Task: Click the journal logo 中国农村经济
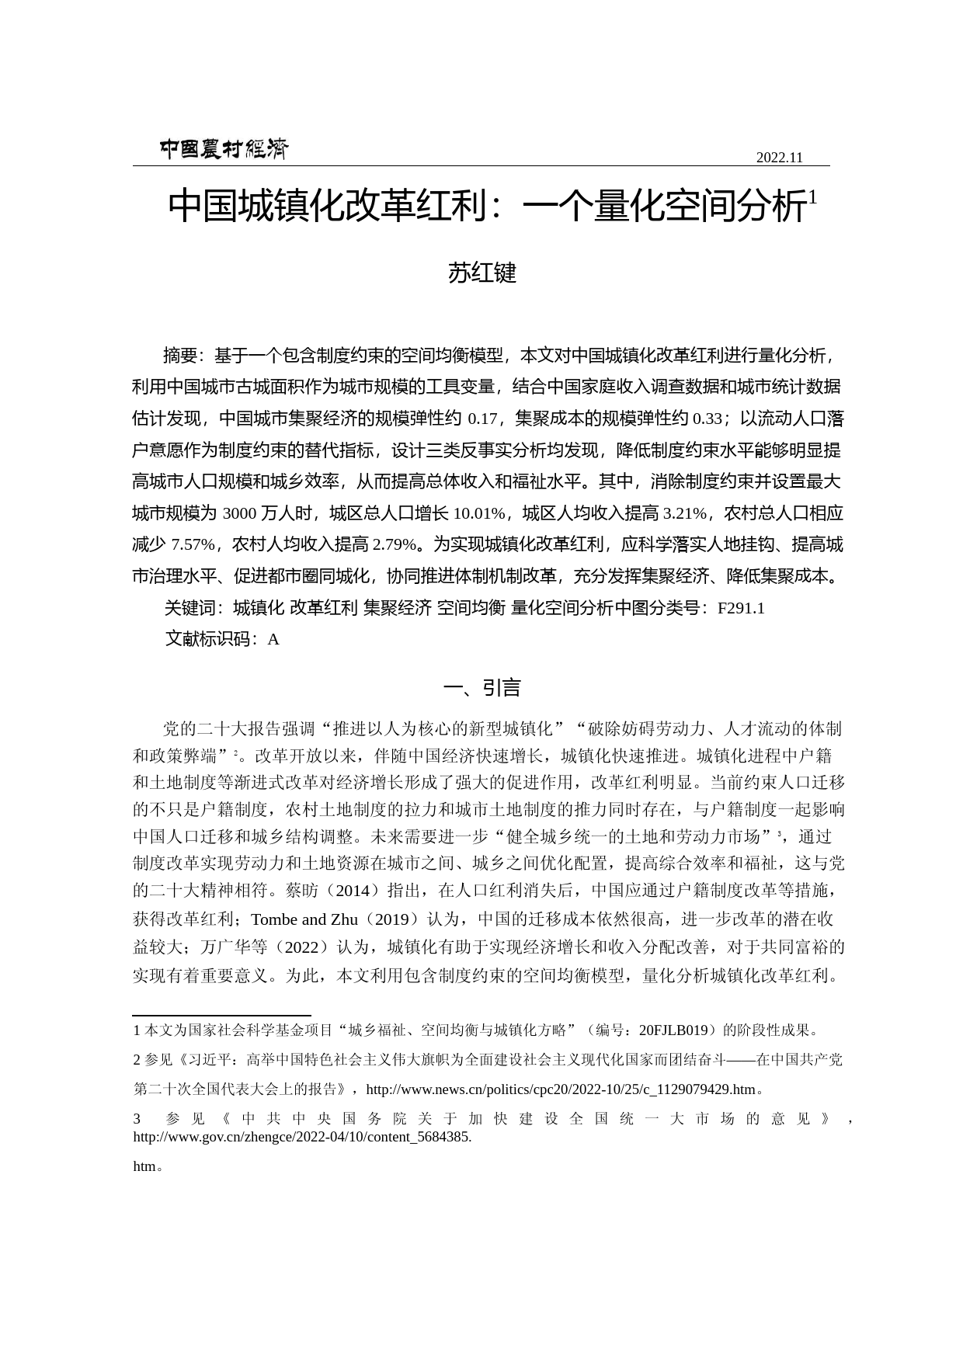tap(224, 149)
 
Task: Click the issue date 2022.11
tap(779, 158)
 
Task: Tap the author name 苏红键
tap(481, 273)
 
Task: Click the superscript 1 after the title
tap(812, 198)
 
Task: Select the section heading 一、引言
tap(481, 688)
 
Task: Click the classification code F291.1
tap(741, 609)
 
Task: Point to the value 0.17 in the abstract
tap(482, 419)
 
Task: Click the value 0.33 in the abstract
tap(707, 419)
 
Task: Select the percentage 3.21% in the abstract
tap(684, 514)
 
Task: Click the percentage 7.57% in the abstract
tap(193, 545)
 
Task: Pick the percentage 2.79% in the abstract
tap(395, 545)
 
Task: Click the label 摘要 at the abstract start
tap(180, 356)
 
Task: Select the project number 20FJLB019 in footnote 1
tap(673, 1030)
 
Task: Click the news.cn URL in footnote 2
tap(560, 1089)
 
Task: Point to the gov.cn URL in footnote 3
tap(302, 1138)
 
